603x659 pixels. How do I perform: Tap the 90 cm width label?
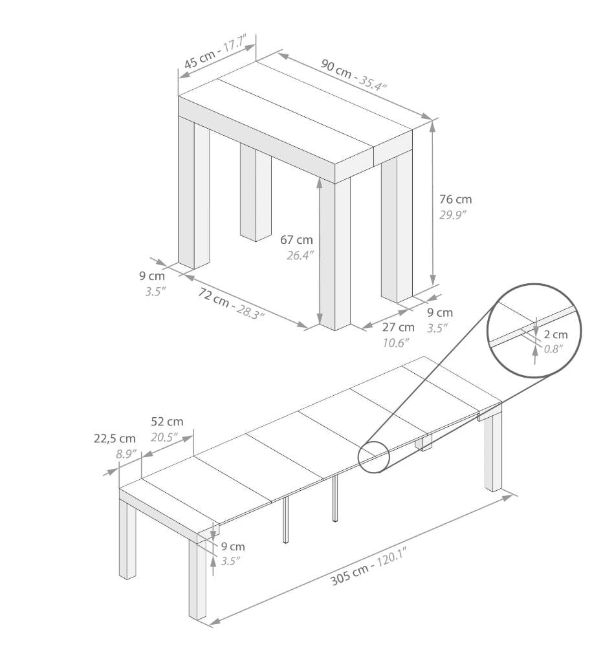[336, 69]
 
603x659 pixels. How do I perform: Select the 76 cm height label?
[455, 199]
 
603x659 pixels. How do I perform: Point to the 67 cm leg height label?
[296, 240]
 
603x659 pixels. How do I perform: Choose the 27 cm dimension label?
[398, 327]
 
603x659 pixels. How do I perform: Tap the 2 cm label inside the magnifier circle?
[556, 334]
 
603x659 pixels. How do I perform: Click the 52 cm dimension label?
[167, 422]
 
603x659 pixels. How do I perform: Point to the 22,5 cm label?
[115, 438]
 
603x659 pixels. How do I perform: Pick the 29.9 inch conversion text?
[453, 215]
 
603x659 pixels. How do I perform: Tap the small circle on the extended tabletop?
[373, 457]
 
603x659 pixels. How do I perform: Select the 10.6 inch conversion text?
[396, 343]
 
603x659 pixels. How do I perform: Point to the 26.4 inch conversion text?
[300, 255]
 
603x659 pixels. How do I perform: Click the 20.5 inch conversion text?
[164, 438]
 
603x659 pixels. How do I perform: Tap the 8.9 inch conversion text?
[127, 455]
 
